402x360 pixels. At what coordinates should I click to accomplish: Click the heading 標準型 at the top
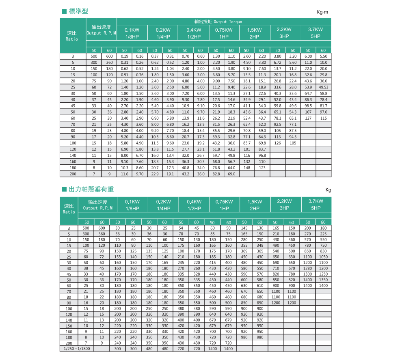[78, 11]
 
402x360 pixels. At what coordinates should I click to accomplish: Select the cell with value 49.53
[323, 87]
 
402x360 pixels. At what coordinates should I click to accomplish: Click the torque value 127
[308, 118]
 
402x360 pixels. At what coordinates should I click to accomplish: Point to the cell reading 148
[246, 168]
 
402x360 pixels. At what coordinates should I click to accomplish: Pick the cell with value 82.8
[216, 174]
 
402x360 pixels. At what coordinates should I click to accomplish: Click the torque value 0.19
[125, 56]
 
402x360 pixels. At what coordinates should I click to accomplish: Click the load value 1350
[323, 280]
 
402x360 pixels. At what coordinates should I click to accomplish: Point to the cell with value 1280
[308, 268]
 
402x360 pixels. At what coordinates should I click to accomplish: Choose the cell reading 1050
[323, 257]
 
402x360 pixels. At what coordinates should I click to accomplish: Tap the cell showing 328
[197, 274]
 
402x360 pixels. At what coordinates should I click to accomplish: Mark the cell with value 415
[212, 263]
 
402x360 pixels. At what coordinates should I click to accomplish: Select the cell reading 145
[244, 228]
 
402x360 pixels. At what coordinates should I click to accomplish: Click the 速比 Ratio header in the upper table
[71, 36]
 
